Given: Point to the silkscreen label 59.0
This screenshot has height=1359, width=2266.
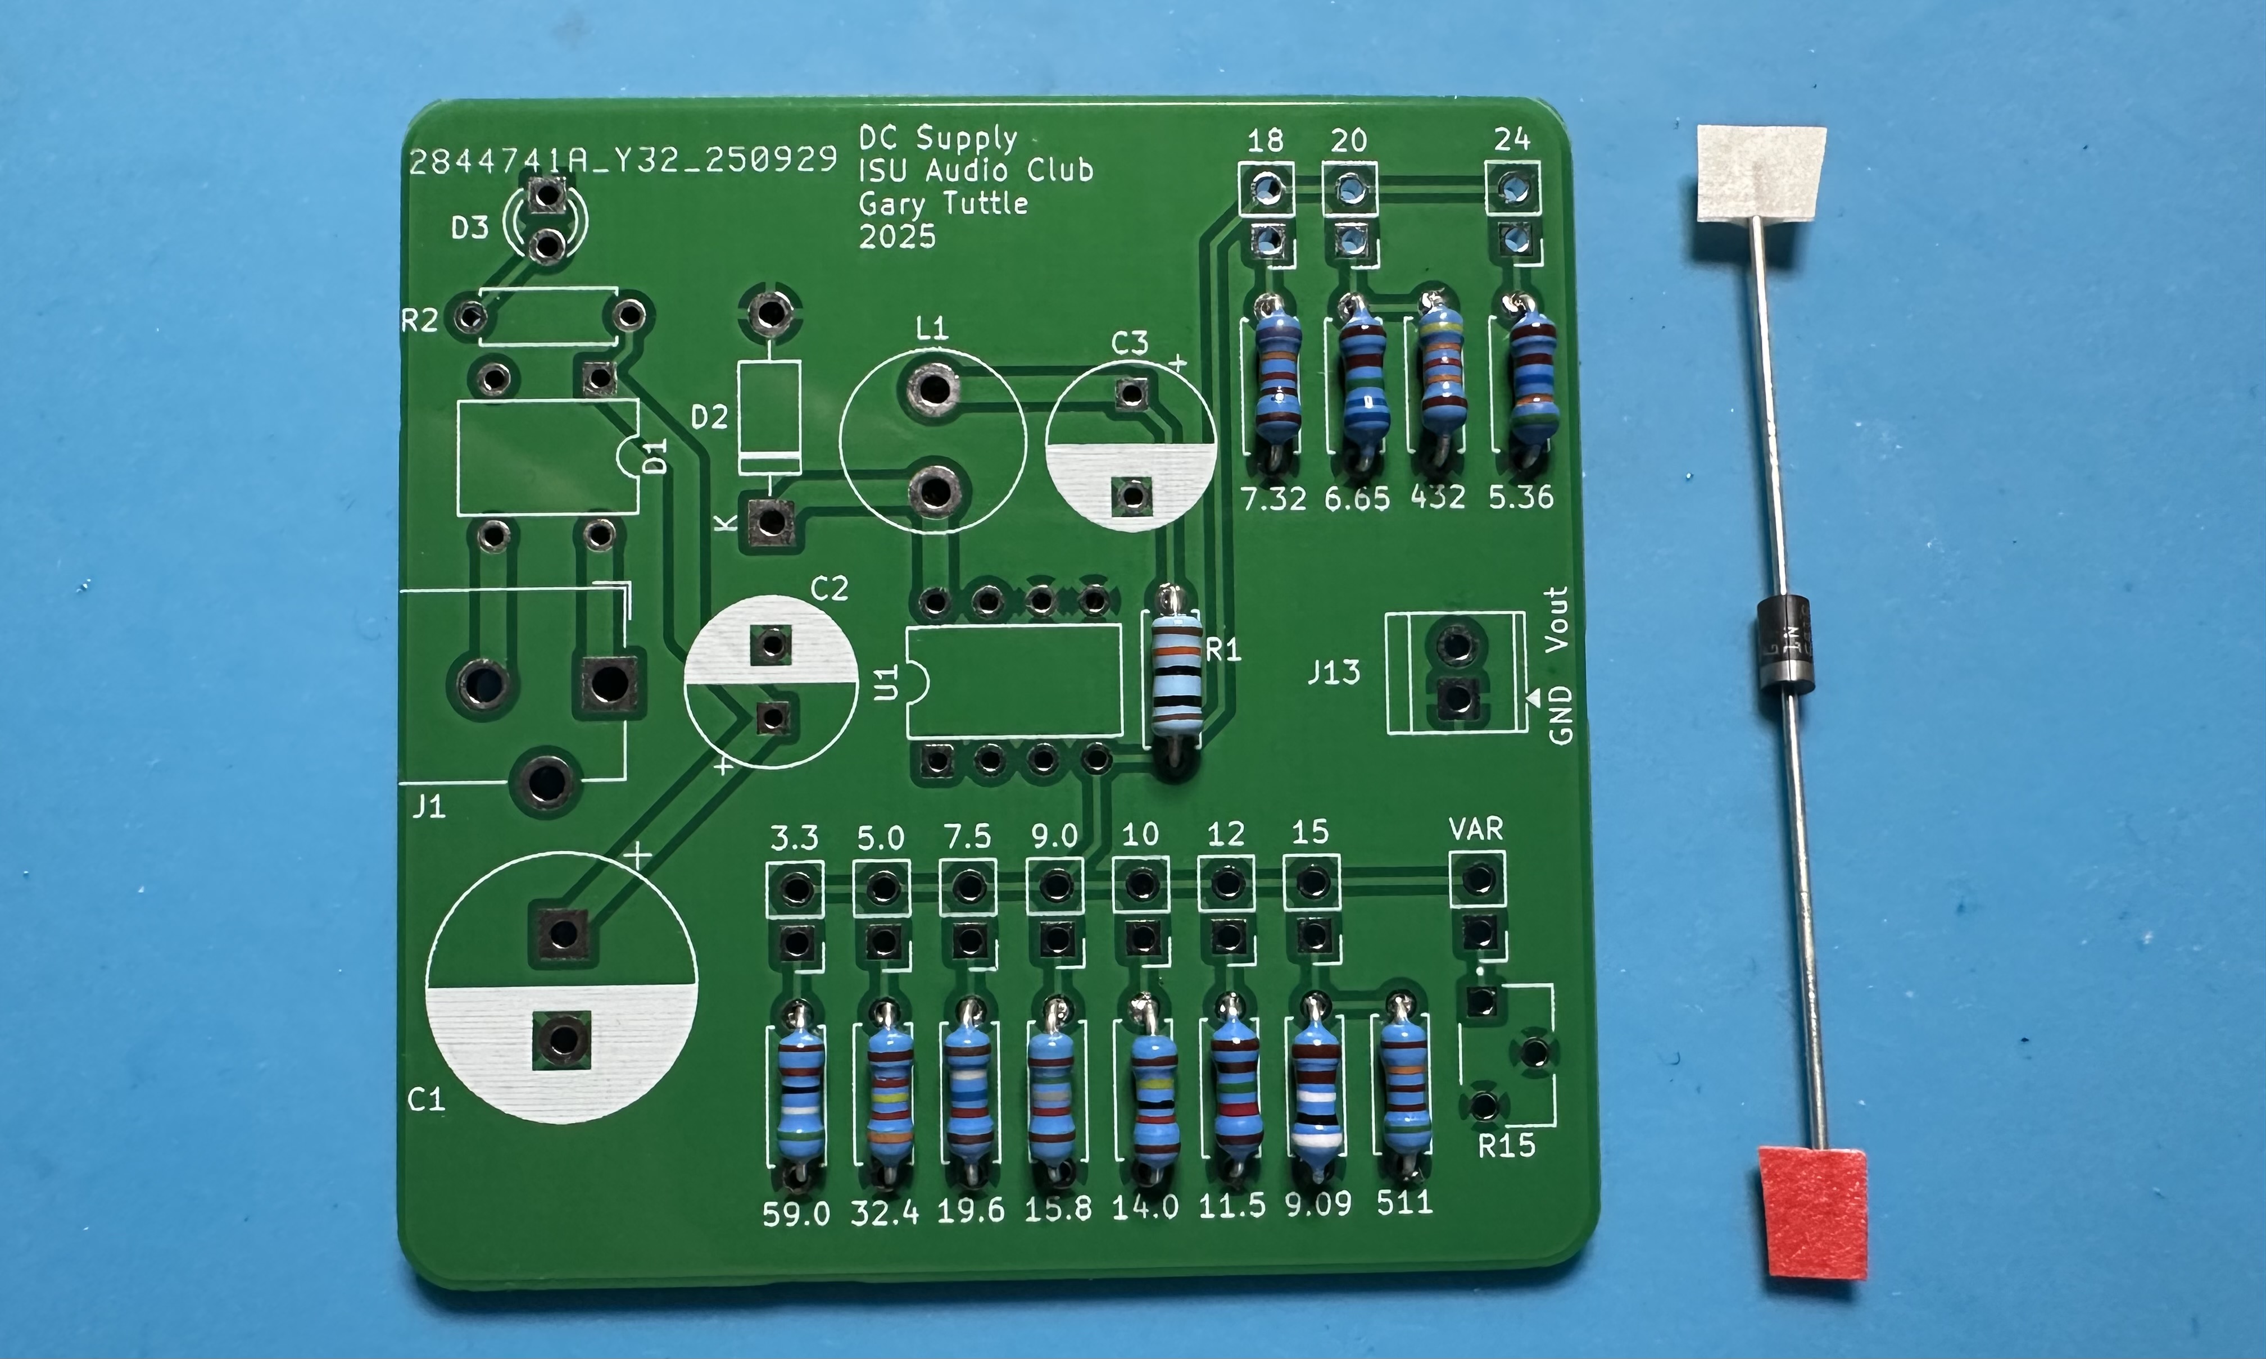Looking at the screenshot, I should point(796,1213).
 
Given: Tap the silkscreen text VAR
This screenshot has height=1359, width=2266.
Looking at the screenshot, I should point(1476,829).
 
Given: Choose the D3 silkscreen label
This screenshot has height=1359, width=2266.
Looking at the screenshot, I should point(470,227).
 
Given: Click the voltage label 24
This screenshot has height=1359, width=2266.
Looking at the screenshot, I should point(1511,139).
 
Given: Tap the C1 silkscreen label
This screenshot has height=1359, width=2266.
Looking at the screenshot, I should point(426,1099).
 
